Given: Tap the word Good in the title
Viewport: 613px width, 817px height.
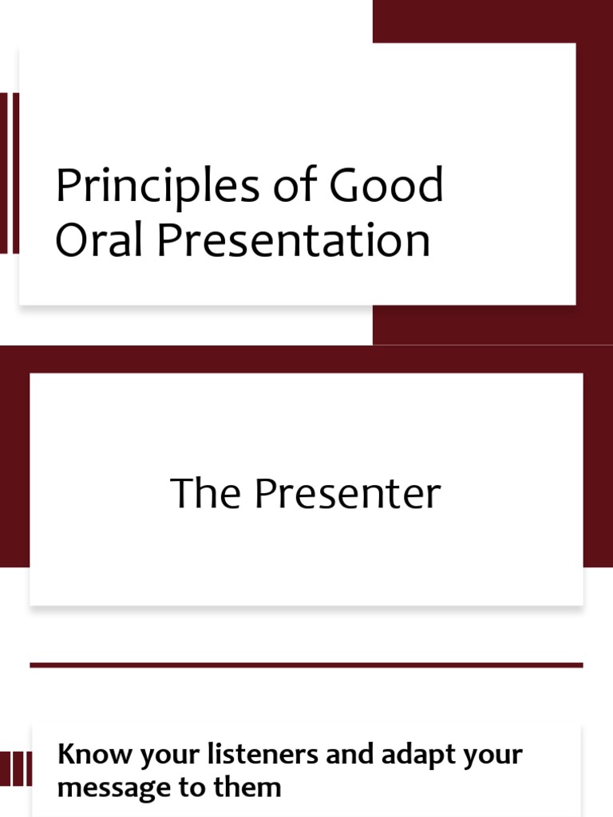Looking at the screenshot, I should [385, 186].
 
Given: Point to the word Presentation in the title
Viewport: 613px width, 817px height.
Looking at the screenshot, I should [293, 240].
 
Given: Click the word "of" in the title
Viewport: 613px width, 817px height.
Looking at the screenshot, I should [293, 186].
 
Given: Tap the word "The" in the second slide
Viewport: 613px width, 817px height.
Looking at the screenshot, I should [207, 494].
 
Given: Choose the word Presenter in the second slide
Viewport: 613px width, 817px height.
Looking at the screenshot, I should [347, 494].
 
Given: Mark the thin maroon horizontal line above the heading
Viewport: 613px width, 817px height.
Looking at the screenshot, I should [306, 665].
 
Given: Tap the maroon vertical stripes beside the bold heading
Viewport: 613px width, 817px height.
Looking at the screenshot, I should [16, 769].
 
